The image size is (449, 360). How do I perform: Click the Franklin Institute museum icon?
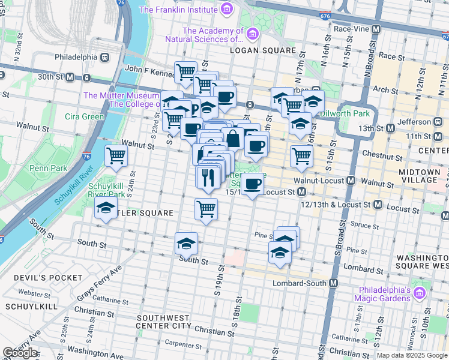coord(226,10)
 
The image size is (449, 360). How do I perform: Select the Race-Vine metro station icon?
coord(376,29)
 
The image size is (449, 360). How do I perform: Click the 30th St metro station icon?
coord(70,77)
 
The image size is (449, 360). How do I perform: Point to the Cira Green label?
coord(84,116)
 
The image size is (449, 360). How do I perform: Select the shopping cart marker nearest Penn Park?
coord(116,156)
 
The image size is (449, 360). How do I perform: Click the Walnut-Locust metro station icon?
coord(351,181)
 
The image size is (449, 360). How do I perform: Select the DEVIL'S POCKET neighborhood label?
coord(42,278)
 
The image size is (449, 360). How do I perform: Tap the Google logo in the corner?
coord(20,353)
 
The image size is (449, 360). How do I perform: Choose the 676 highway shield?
coord(324,17)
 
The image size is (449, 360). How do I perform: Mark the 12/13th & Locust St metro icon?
coord(378,205)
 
